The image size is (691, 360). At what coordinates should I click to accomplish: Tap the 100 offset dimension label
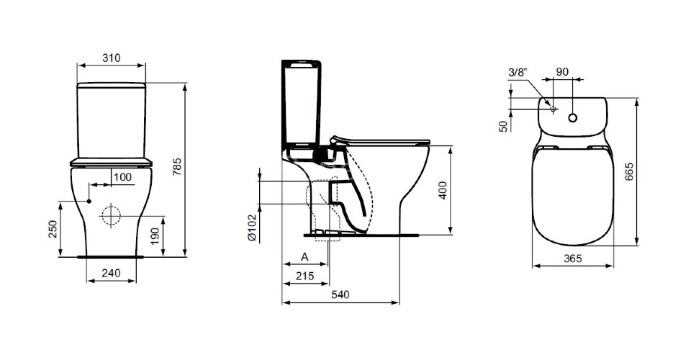coord(122,176)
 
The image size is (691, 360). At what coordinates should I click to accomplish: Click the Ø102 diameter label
coord(252,227)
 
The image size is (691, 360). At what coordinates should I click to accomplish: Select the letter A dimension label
coord(304,256)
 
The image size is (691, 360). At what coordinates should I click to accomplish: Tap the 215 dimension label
coord(305,276)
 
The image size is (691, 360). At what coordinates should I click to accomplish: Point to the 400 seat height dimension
coord(443,190)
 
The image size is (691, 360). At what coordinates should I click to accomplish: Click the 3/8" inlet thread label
coord(518,72)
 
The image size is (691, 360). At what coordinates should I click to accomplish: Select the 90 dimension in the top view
coord(563,72)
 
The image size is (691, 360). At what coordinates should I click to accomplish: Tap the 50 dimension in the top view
coord(504,126)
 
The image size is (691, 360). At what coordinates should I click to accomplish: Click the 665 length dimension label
coord(629,172)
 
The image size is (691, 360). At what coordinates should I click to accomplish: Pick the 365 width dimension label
coord(572,258)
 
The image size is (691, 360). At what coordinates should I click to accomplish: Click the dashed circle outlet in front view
coord(112,215)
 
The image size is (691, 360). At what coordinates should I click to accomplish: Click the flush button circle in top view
coord(573,117)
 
